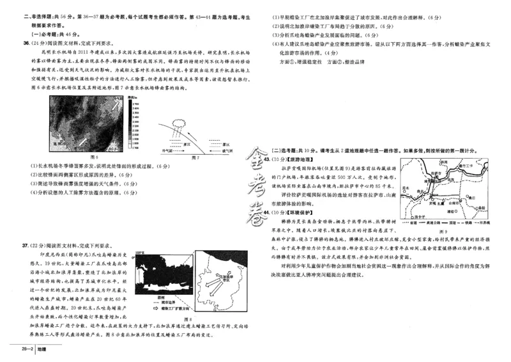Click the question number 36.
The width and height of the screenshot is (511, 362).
(26, 43)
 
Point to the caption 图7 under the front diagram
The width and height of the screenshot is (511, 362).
(196, 155)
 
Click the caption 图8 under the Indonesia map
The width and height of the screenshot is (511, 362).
(187, 319)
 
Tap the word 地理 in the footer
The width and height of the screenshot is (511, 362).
(42, 349)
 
